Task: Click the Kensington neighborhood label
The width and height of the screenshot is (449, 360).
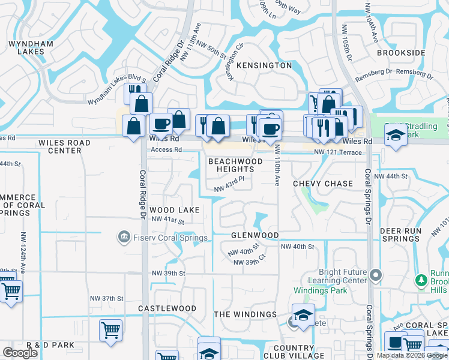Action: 264,65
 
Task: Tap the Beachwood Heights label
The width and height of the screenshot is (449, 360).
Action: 235,166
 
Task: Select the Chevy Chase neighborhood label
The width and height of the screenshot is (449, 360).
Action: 323,184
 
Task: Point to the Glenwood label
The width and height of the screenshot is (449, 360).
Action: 255,235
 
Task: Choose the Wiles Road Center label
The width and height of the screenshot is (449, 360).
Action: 64,146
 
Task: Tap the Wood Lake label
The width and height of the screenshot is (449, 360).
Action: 175,210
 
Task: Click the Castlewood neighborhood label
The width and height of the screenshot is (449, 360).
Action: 167,308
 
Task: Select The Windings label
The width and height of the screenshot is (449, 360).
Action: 245,314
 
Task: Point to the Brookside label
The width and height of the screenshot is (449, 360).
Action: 401,53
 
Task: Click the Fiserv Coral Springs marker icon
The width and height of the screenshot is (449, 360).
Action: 124,237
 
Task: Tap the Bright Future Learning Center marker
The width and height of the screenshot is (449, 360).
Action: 376,275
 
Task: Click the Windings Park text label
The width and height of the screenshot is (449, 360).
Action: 319,291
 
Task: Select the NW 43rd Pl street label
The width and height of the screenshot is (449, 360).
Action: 230,188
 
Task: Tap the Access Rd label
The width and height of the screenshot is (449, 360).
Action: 166,150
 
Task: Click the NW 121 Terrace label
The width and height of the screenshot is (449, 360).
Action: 338,152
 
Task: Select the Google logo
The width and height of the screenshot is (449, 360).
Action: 20,353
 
